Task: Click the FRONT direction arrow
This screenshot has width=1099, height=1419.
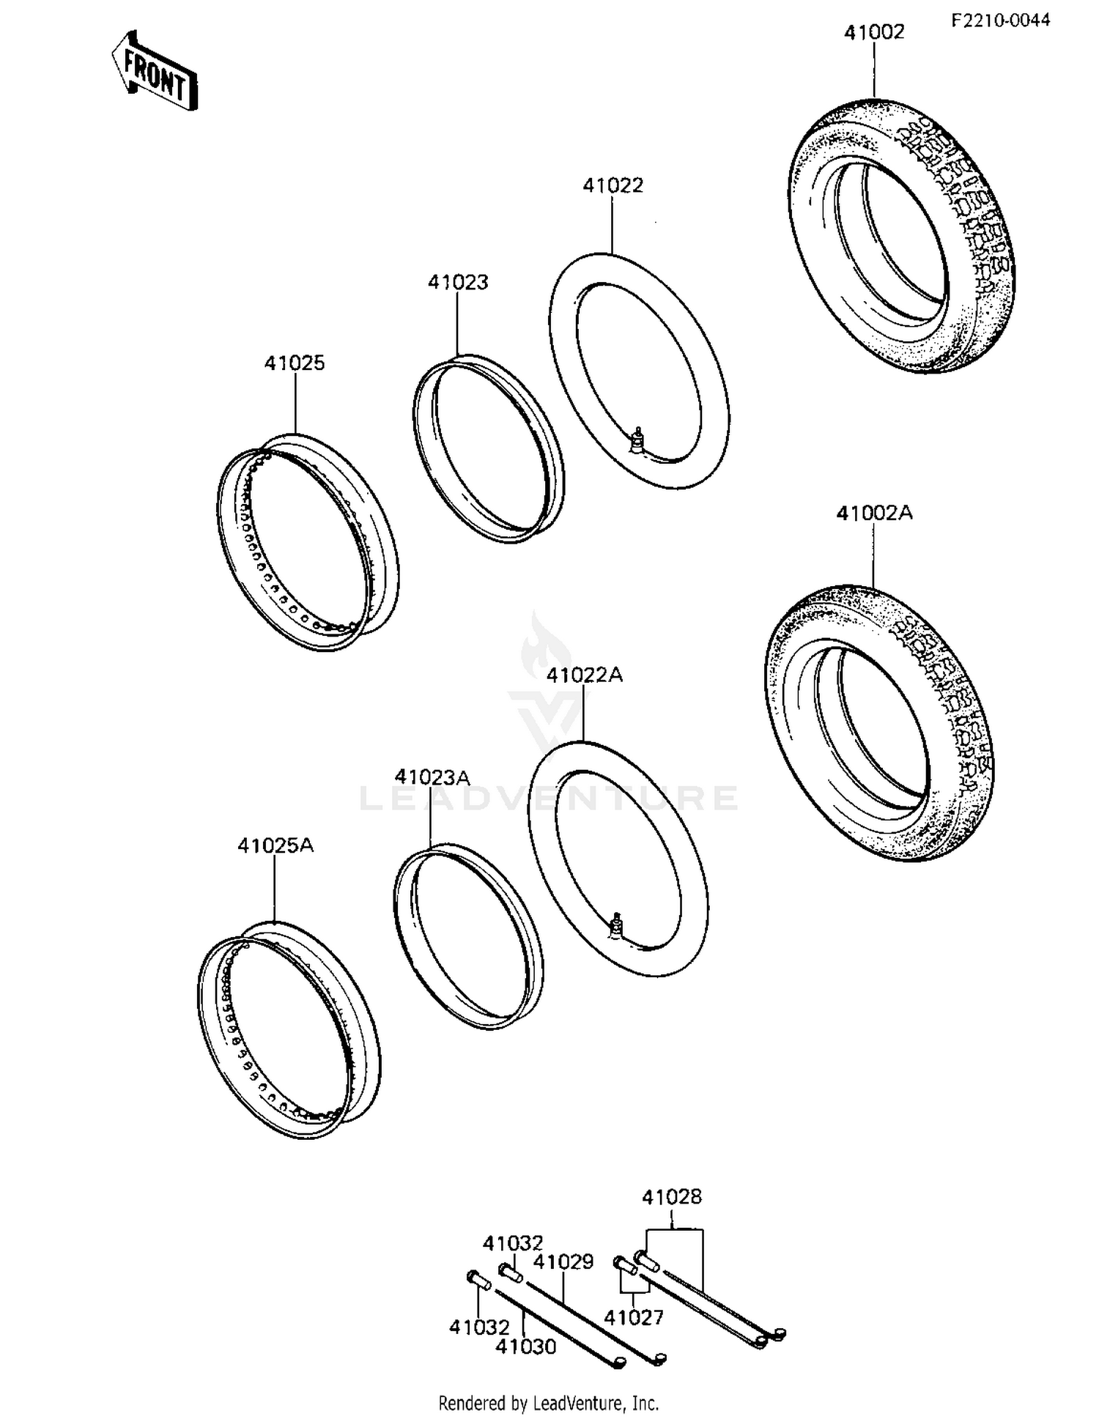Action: click(x=155, y=72)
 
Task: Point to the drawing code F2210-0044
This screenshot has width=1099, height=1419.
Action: click(x=1000, y=20)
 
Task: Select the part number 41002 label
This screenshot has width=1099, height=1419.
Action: click(x=873, y=33)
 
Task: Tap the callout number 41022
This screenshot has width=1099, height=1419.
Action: click(x=613, y=185)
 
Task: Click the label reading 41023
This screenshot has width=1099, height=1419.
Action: click(x=458, y=282)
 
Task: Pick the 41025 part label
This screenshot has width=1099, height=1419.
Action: click(x=295, y=363)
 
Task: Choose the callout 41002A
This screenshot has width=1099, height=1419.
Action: click(x=874, y=514)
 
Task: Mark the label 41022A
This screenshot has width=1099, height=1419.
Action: click(x=584, y=675)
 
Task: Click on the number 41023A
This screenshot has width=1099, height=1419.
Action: click(x=432, y=777)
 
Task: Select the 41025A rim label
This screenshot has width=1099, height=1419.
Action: click(x=275, y=845)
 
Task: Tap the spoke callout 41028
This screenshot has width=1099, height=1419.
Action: click(x=671, y=1197)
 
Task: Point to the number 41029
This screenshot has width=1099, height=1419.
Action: click(x=563, y=1261)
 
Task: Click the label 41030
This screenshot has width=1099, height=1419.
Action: click(x=525, y=1346)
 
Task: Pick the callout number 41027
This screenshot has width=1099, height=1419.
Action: click(x=633, y=1317)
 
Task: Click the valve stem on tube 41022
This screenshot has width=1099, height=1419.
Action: click(x=638, y=440)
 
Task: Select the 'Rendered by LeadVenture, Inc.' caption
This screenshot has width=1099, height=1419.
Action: click(x=548, y=1403)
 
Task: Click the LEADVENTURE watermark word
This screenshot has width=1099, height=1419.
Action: click(x=549, y=798)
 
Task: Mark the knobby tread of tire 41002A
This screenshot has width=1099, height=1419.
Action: click(x=945, y=696)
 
